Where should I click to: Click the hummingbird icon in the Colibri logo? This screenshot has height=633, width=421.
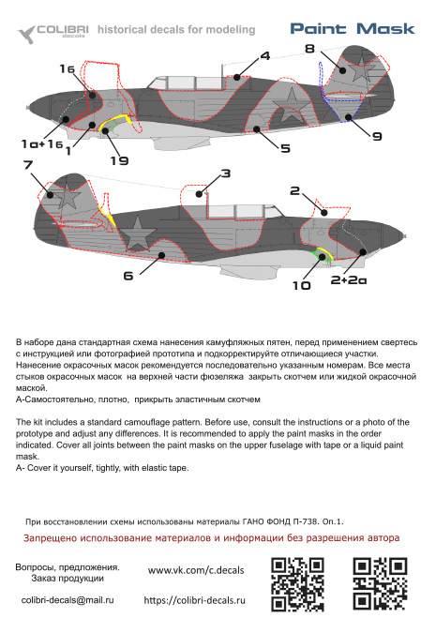pos(26,35)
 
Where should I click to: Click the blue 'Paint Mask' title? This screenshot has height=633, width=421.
pos(352,29)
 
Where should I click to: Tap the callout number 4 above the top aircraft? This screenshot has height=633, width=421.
pos(265,55)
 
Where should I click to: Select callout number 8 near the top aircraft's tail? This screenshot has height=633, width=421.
pos(309,49)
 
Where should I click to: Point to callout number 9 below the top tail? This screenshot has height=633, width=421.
pos(377,136)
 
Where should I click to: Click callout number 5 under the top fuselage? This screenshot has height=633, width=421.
pos(285,148)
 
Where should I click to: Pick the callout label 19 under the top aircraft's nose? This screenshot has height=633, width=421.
pos(119,160)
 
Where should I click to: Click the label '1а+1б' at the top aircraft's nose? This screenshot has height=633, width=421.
pos(42,143)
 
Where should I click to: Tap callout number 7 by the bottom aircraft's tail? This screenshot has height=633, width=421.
pos(28,165)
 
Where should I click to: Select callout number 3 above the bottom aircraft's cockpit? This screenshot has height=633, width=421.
pos(226,173)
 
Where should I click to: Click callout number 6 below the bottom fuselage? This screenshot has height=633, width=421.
pos(128,276)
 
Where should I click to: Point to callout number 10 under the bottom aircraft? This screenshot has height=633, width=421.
pos(302,286)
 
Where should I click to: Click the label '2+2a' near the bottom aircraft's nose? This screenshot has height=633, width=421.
pos(349,279)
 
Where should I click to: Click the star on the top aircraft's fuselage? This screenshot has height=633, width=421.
pos(290,106)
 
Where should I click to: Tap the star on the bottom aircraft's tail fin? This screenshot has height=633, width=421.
pos(68,197)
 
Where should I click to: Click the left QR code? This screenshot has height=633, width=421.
pos(298,583)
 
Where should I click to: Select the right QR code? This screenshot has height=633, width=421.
pos(381,583)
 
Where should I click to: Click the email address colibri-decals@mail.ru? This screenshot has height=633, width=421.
pos(68,600)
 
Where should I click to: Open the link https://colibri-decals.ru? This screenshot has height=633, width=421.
pos(194,600)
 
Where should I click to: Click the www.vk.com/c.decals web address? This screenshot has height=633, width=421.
pos(196,570)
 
